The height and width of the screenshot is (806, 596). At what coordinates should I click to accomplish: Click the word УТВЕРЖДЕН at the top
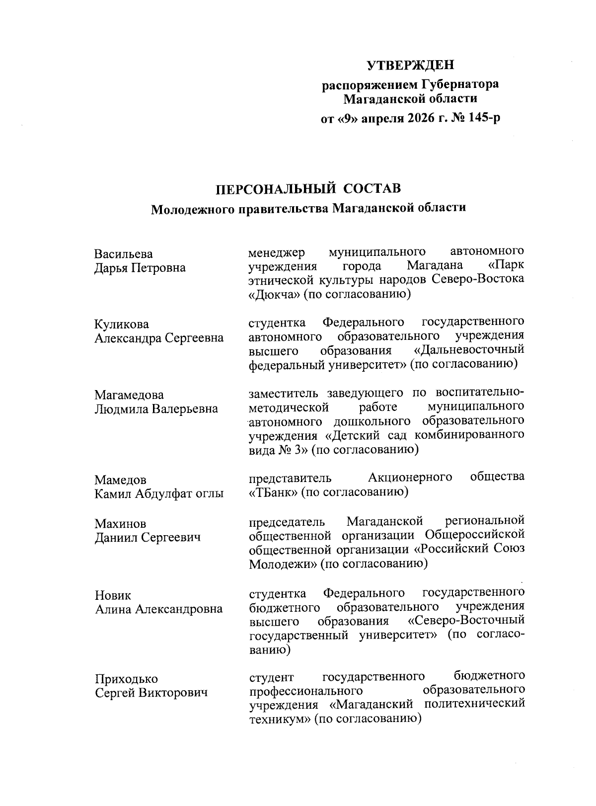411,65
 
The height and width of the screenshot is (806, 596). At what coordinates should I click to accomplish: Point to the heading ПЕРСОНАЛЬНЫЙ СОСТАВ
307,189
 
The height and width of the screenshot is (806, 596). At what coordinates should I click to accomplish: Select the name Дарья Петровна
140,268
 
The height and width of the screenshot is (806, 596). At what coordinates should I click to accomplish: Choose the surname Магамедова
129,395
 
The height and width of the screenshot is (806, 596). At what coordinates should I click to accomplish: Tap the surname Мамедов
121,480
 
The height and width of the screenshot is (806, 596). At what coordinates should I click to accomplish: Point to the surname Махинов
121,523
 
